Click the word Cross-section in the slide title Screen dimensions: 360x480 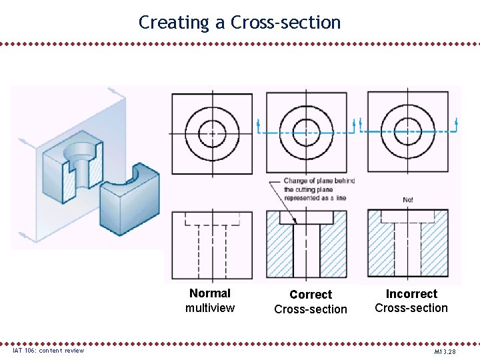point(285,23)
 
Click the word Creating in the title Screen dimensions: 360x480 point(173,23)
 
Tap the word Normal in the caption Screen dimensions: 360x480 point(210,293)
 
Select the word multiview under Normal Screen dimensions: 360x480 point(210,307)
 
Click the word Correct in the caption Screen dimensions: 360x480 point(311,295)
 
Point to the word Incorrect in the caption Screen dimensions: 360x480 point(411,294)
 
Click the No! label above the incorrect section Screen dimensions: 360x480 point(408,199)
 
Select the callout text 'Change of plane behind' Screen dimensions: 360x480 point(319,181)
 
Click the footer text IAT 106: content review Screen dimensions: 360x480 point(49,351)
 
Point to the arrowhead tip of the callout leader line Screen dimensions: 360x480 point(299,224)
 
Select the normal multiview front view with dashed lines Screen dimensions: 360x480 point(212,244)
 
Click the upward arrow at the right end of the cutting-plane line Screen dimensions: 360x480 point(456,123)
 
